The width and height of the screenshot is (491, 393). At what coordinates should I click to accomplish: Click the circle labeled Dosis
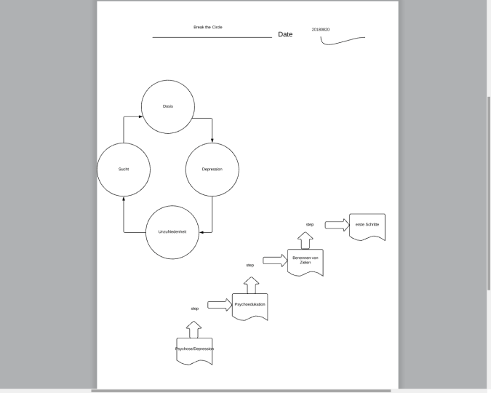tap(168, 106)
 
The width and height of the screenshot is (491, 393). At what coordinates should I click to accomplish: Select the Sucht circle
tap(124, 169)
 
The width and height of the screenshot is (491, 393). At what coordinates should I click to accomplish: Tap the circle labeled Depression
tap(212, 169)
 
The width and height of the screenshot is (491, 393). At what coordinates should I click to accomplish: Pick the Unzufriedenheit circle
tap(172, 231)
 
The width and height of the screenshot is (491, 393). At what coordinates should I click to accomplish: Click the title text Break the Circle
tap(208, 27)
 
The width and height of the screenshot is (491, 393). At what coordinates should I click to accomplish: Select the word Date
tap(285, 34)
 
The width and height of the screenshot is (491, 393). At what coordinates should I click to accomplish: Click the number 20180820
tap(321, 29)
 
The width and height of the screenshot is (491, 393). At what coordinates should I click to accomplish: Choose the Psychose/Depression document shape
tap(194, 350)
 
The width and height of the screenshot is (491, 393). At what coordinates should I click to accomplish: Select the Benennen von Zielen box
tap(306, 261)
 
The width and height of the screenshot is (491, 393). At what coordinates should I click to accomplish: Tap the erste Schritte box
tap(367, 226)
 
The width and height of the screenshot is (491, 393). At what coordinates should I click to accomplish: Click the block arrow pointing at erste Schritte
tap(337, 225)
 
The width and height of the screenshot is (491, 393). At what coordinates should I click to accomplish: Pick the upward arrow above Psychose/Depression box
tap(194, 329)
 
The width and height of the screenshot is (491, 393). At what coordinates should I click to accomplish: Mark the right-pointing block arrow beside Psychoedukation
tap(219, 305)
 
